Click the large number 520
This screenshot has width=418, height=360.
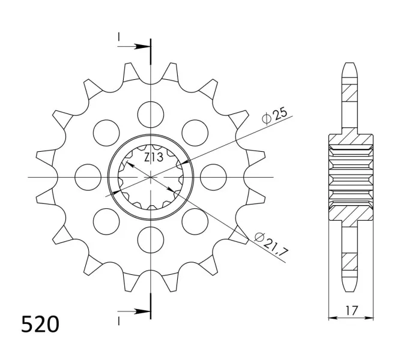(40, 324)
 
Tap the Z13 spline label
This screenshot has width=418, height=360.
(154, 157)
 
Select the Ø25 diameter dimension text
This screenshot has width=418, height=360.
(274, 116)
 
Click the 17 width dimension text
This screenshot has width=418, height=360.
(351, 310)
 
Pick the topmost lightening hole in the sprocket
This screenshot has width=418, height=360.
(151, 115)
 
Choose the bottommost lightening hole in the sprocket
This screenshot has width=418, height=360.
(151, 239)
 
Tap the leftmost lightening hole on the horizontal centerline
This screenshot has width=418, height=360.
(88, 177)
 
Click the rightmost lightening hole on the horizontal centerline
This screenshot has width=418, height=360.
(213, 177)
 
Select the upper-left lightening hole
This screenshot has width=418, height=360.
(106, 133)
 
